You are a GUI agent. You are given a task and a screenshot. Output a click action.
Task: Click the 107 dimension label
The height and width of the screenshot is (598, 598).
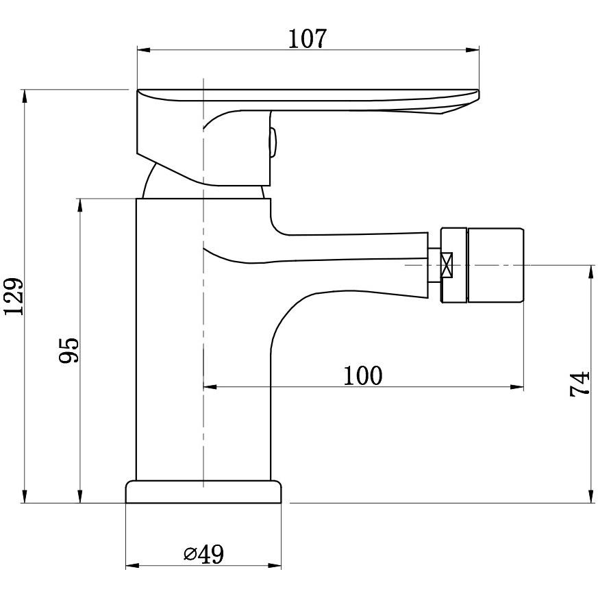pos(307,39)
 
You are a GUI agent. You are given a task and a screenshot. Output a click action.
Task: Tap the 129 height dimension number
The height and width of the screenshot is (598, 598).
pos(14,297)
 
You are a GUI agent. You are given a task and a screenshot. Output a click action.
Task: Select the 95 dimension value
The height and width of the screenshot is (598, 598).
pos(69,350)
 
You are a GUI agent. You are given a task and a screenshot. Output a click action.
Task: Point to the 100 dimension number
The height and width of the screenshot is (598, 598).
pos(362,375)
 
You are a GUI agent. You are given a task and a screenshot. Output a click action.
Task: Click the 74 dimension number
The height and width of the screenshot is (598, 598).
pos(580,384)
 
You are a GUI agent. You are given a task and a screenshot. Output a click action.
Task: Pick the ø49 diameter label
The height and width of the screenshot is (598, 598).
pos(203,554)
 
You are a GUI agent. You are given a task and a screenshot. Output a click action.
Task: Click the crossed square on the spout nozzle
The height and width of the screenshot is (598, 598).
pos(446,264)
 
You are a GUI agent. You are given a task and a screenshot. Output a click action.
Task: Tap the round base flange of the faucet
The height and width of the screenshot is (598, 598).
pos(203,492)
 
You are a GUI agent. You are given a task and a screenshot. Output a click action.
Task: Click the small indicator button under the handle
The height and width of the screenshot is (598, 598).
pos(273,142)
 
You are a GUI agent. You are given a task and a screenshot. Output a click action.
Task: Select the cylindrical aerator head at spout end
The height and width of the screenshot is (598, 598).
pos(495,266)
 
